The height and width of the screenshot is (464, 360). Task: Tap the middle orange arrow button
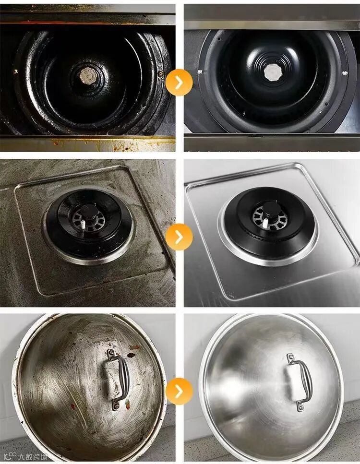click(x=179, y=237)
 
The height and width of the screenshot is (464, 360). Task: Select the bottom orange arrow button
click(x=179, y=391)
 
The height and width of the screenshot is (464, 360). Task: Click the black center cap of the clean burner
click(x=270, y=209)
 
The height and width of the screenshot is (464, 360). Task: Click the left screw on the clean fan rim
click(x=200, y=71)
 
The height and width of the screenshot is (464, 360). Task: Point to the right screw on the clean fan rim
click(x=345, y=73)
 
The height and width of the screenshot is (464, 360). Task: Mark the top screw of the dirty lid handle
click(x=112, y=353)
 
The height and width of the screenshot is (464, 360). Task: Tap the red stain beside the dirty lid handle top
click(x=130, y=354)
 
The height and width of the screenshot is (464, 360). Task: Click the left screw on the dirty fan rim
click(x=15, y=71)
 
